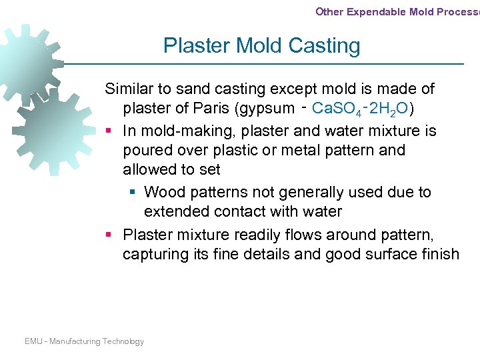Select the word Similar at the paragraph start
click(129, 89)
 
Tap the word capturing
click(153, 254)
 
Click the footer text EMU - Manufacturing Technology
click(84, 341)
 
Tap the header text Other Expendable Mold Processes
click(397, 11)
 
